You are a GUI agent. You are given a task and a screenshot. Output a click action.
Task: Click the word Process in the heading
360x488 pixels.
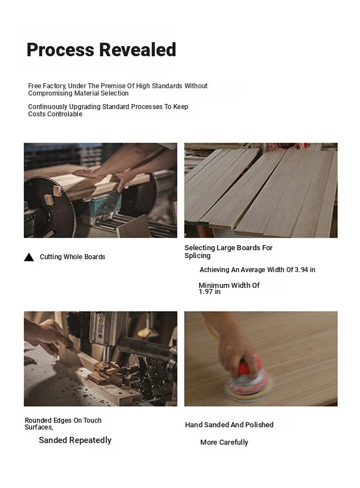click(60, 50)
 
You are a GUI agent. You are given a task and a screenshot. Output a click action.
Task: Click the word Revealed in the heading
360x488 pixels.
click(138, 50)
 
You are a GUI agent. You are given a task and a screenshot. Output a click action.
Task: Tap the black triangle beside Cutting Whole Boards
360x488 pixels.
click(29, 257)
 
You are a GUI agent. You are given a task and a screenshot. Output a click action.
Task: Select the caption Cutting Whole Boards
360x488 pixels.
click(73, 257)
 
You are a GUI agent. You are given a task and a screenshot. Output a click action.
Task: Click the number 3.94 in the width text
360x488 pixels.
click(301, 270)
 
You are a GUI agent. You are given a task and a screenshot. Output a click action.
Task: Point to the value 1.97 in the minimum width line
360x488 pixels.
click(205, 292)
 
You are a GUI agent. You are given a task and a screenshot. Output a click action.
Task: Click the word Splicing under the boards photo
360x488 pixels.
click(197, 256)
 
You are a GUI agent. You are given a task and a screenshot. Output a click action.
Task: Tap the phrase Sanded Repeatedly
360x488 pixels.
click(75, 440)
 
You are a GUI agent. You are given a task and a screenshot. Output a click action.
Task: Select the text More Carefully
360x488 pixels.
click(224, 442)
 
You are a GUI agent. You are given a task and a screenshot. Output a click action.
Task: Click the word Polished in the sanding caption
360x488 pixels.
click(259, 425)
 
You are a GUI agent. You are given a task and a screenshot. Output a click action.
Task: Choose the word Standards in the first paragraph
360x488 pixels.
click(167, 86)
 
